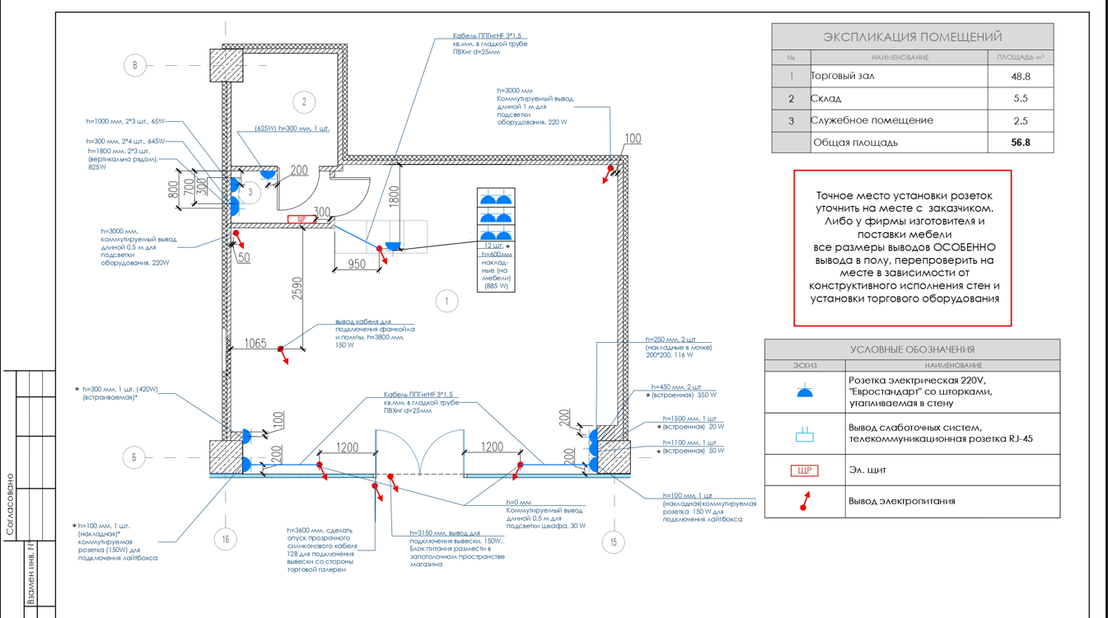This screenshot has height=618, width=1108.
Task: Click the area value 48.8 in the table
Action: click(x=1020, y=77)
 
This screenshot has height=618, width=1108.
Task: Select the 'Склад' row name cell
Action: click(x=826, y=99)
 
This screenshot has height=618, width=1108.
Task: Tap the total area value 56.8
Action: click(x=1020, y=143)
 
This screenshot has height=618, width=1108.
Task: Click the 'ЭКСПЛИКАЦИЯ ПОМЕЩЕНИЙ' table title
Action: click(x=912, y=37)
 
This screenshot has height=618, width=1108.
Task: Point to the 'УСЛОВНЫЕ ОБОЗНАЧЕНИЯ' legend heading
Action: click(x=912, y=349)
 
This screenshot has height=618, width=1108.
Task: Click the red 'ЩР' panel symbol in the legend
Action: click(x=804, y=471)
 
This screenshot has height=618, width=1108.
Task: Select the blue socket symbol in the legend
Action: click(x=805, y=392)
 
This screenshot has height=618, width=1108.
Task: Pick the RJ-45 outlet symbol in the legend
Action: click(x=805, y=434)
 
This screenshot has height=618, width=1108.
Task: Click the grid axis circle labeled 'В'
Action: click(x=135, y=65)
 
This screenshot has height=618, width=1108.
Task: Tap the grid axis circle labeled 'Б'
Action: click(x=133, y=456)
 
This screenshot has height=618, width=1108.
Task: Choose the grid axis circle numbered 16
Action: click(x=226, y=540)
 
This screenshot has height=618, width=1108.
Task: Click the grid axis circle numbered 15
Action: click(x=613, y=541)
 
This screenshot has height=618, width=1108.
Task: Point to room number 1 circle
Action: click(x=446, y=301)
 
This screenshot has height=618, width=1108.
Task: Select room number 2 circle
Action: click(x=304, y=102)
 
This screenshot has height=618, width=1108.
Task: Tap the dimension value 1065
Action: click(x=255, y=343)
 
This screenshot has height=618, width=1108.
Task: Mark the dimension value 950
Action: click(x=356, y=265)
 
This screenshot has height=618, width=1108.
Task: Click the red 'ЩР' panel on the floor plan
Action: click(x=302, y=219)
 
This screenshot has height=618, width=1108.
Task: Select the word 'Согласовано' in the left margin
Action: click(x=10, y=504)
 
